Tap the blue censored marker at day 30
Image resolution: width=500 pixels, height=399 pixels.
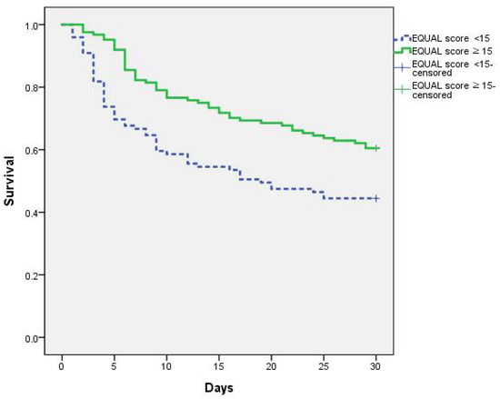pos(376,198)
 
